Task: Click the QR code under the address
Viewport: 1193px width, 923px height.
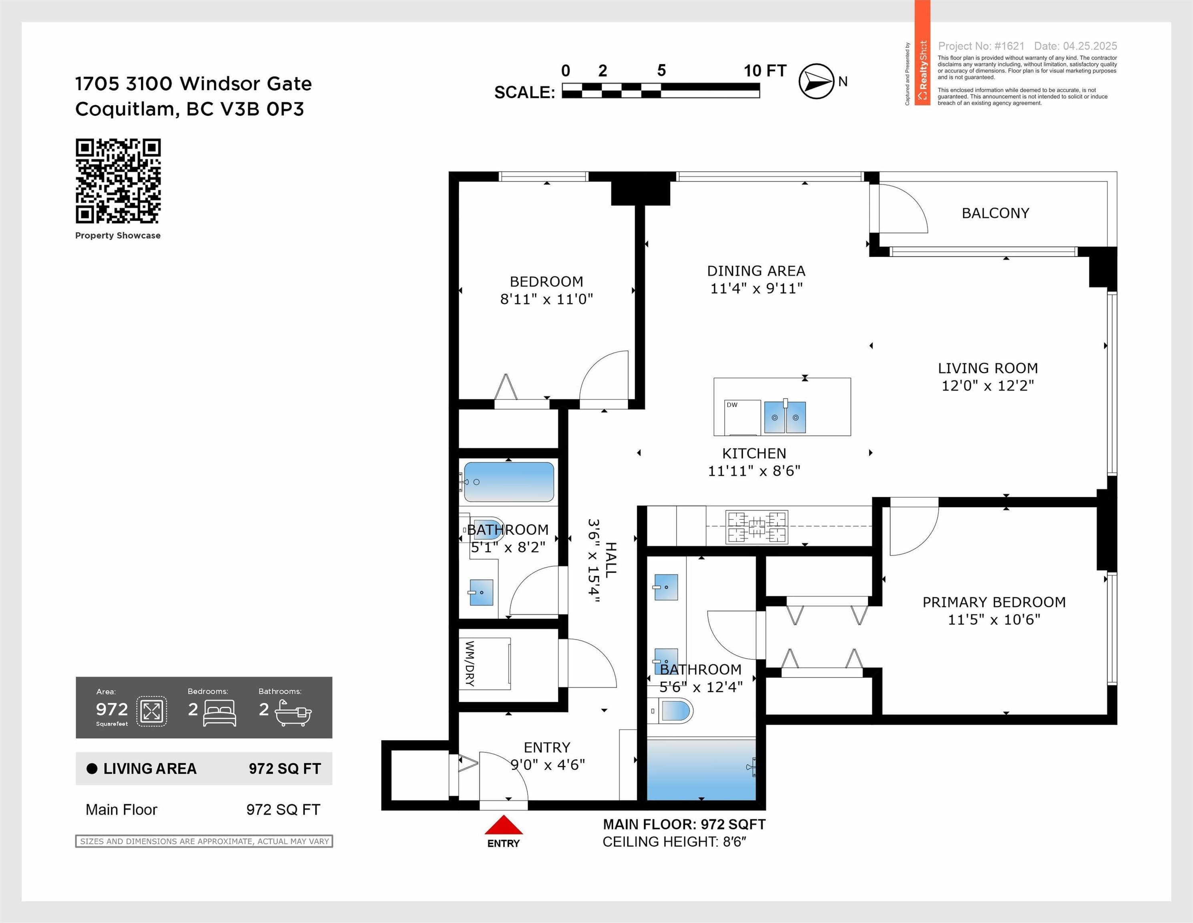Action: (118, 181)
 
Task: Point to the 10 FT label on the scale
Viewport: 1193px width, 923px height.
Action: (765, 71)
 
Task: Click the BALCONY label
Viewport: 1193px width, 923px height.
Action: (995, 213)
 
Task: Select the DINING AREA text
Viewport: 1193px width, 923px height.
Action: (756, 271)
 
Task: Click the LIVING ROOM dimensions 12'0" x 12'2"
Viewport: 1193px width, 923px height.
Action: (988, 386)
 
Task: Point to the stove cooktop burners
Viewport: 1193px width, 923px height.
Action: (757, 527)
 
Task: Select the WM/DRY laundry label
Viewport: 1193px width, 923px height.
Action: (470, 663)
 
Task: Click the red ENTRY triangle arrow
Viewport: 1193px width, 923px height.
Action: (504, 824)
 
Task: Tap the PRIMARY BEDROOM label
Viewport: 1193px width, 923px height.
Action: (994, 602)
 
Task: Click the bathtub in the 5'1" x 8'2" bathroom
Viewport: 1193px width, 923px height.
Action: (508, 482)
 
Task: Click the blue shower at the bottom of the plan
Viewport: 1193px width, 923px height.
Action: (701, 770)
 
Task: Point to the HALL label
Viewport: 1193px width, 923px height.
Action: (610, 560)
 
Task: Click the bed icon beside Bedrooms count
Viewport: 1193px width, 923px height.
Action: (220, 713)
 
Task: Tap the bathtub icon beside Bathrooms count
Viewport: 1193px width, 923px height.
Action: (293, 713)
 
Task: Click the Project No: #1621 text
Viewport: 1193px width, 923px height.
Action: (981, 46)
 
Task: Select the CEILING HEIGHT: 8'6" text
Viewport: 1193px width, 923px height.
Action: (674, 842)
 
